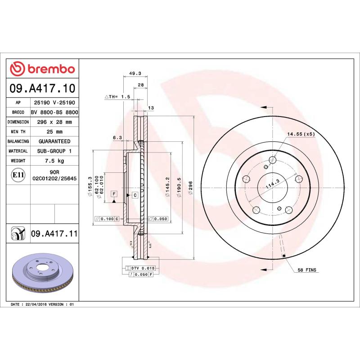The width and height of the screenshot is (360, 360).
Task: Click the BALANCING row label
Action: pos(18,141)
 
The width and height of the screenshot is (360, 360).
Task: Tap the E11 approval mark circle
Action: pos(18,175)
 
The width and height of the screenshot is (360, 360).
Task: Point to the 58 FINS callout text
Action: pos(307,270)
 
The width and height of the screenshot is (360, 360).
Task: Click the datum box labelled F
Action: pos(114,194)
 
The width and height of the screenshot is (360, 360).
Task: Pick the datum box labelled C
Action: pos(135,195)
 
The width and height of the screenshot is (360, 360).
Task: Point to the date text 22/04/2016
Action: pos(37,305)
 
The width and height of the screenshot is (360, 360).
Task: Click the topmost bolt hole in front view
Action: pos(272,160)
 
